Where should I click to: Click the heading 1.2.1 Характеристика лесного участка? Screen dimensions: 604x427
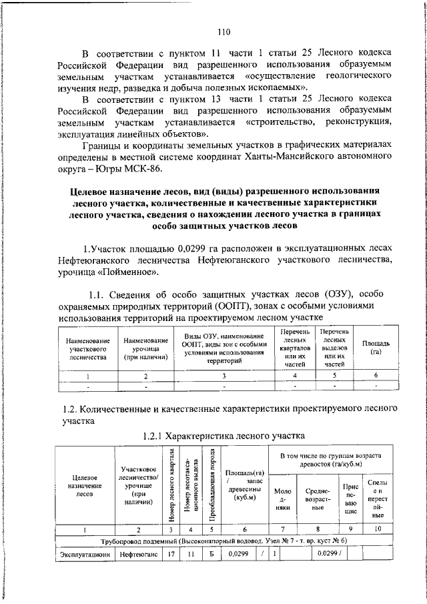(x=224, y=435)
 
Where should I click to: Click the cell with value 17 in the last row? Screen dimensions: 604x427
(x=171, y=553)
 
